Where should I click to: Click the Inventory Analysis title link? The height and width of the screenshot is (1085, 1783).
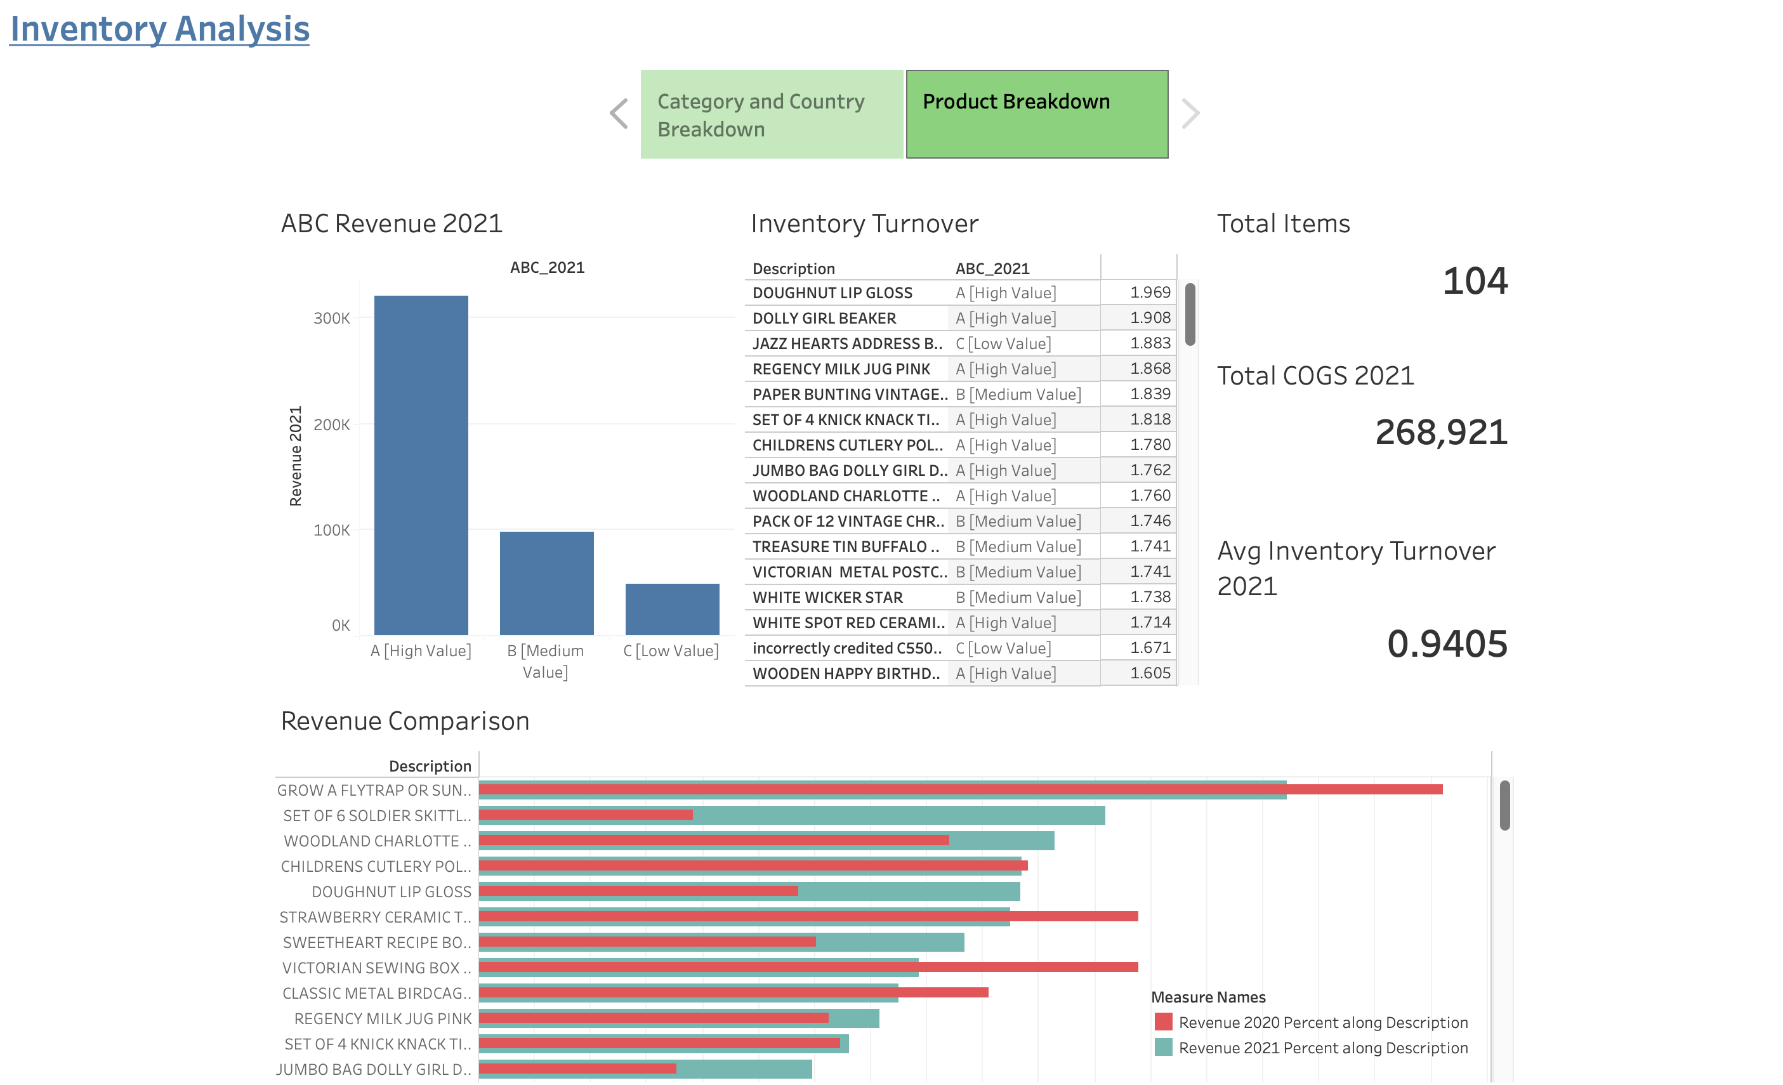[x=159, y=30]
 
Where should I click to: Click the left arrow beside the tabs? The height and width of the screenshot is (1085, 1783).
[x=619, y=114]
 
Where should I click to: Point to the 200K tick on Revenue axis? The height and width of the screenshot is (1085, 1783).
[x=331, y=425]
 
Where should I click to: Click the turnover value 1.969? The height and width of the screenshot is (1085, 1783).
[x=1150, y=293]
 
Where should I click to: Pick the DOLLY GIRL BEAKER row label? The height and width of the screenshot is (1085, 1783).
[x=824, y=319]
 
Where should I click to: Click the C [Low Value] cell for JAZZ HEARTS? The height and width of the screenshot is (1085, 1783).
[x=1003, y=344]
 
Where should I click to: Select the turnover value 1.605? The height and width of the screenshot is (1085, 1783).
[x=1150, y=673]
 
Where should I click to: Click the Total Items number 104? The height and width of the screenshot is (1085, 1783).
[x=1474, y=281]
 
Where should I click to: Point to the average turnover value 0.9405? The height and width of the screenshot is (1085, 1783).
[x=1447, y=643]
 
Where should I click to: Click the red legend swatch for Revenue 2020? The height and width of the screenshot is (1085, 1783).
[x=1163, y=1022]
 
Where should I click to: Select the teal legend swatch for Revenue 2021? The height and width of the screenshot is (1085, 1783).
[x=1163, y=1048]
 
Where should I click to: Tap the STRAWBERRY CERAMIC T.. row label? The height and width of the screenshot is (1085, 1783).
[x=375, y=917]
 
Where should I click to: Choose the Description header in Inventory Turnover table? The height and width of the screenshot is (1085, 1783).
[x=793, y=268]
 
